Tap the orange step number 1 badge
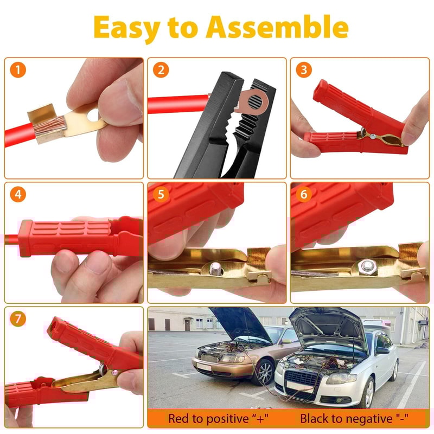point(20,70)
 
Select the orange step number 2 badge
point(161,70)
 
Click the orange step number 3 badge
point(305,70)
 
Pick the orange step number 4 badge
point(20,194)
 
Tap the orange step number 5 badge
point(161,194)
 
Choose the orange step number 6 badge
point(305,194)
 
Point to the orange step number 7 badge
point(20,319)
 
